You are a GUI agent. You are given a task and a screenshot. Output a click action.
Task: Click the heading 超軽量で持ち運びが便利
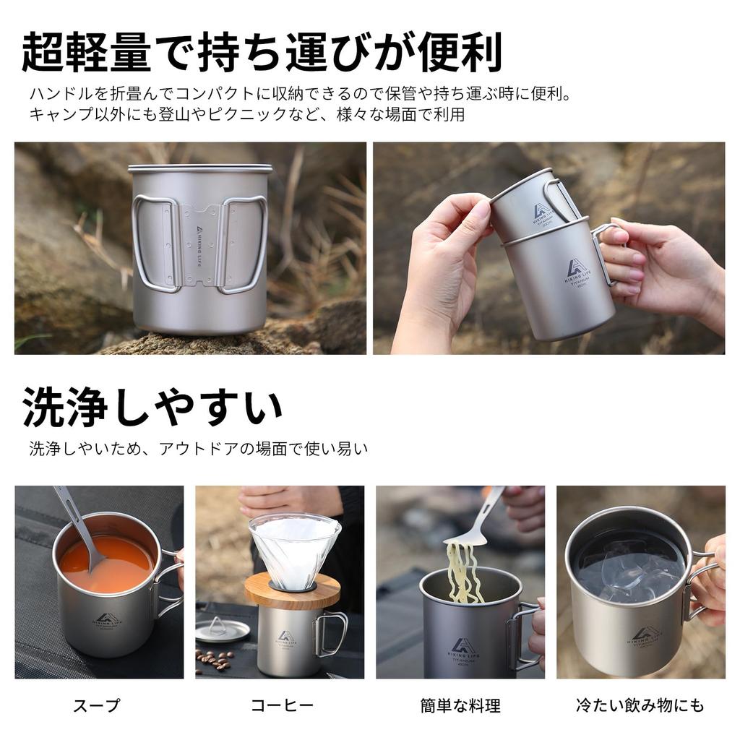tap(262, 51)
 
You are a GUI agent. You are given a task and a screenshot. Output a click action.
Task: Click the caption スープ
tap(96, 705)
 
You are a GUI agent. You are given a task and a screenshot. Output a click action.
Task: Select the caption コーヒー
tap(282, 705)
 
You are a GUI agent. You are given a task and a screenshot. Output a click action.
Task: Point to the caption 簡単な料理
tap(460, 705)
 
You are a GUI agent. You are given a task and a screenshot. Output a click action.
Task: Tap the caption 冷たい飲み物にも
tap(640, 705)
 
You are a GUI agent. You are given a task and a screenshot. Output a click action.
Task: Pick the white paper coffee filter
tap(294, 549)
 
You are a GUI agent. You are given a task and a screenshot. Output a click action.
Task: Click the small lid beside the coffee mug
tap(222, 629)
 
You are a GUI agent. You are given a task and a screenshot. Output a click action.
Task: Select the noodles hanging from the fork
tap(463, 571)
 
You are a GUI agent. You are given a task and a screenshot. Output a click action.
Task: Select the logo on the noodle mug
tap(463, 645)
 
